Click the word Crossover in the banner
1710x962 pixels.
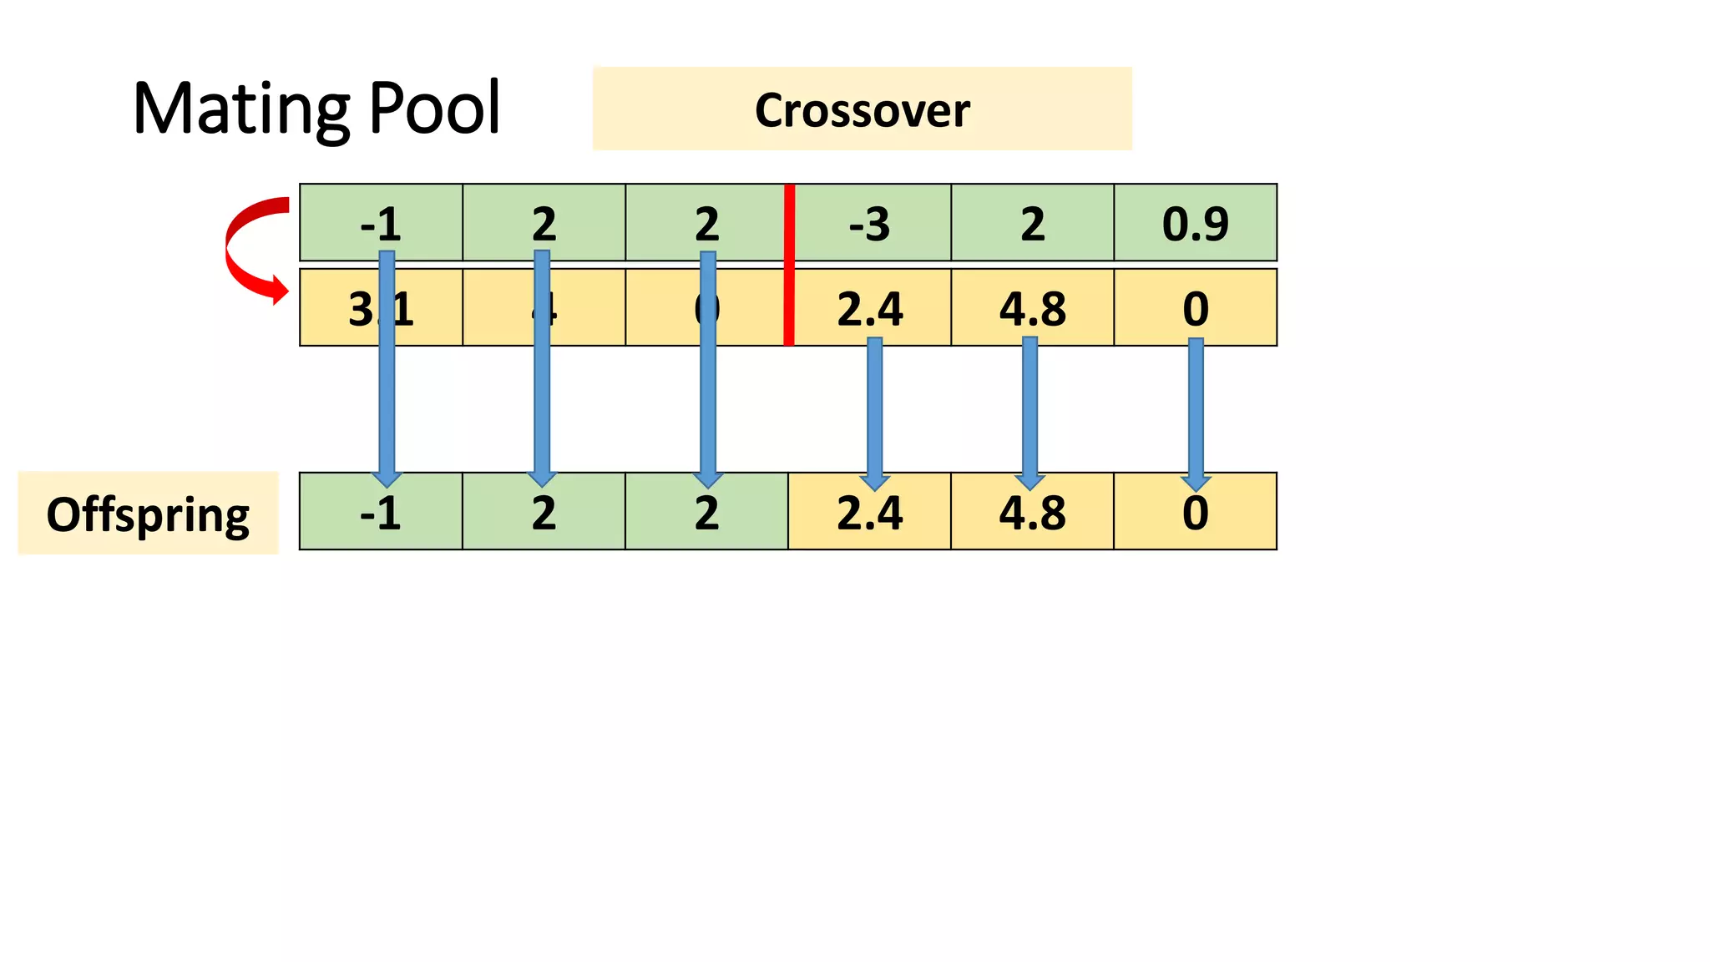(862, 110)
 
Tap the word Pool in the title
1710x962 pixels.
(434, 109)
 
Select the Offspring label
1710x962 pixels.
(148, 514)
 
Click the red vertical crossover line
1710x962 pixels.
(789, 264)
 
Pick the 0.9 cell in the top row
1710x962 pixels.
(1195, 223)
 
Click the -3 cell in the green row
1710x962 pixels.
(869, 223)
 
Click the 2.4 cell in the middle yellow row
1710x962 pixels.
(869, 308)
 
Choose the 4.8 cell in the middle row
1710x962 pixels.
(1032, 308)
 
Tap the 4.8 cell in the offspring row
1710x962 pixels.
(1032, 512)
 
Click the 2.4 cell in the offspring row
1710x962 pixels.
(869, 512)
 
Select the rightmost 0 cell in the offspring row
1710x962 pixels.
(1195, 512)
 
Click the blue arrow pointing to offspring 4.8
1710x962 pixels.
(1030, 409)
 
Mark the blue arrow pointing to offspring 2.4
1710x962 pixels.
(874, 409)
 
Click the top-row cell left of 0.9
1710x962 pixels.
(1032, 223)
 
